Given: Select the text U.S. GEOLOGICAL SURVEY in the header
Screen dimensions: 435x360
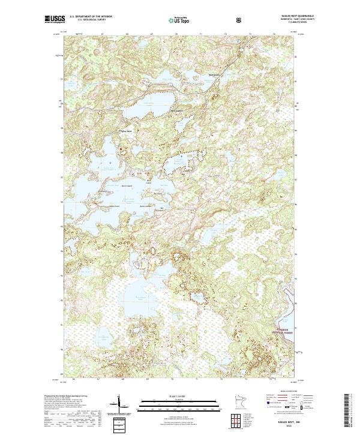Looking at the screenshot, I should [x=88, y=20].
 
